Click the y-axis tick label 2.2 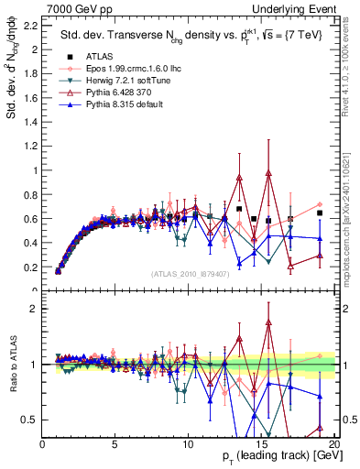30,25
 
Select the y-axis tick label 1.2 30,146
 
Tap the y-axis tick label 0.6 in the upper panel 30,218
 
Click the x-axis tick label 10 188,444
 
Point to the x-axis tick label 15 261,444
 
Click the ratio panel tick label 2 35,309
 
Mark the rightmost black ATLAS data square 320,213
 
